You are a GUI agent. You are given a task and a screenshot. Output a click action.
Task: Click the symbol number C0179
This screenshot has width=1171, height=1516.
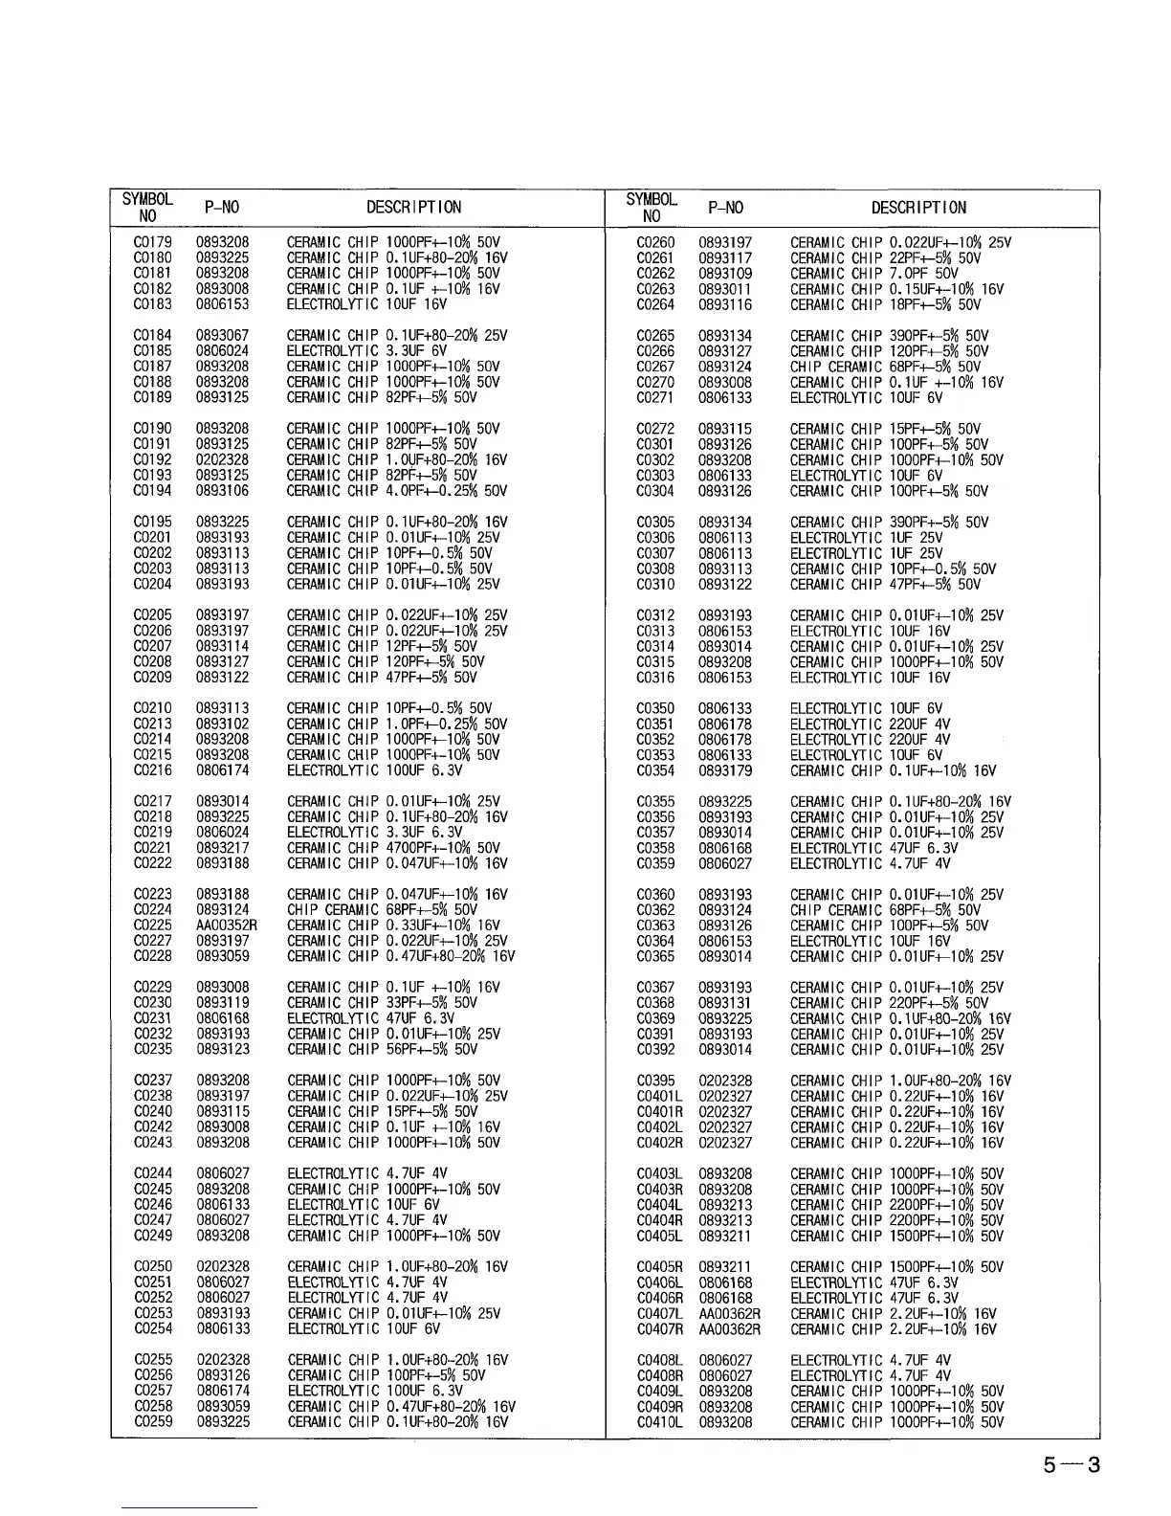(153, 242)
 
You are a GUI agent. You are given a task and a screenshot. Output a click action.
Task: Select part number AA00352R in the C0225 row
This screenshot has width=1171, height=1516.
(226, 925)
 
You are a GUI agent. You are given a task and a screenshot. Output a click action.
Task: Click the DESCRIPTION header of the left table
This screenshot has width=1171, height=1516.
(413, 208)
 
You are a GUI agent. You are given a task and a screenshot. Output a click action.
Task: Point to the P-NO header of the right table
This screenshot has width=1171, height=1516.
(725, 208)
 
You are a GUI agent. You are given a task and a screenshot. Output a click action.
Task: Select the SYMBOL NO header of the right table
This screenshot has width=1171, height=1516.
(652, 208)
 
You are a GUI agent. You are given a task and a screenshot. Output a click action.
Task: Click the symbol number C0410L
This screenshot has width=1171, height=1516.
(659, 1422)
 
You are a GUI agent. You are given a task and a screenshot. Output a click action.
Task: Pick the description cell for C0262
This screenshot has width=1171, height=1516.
(873, 274)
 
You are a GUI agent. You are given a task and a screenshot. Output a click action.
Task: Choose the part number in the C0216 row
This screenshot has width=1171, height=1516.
(222, 770)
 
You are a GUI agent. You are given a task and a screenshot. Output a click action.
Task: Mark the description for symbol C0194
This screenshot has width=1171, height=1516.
(396, 491)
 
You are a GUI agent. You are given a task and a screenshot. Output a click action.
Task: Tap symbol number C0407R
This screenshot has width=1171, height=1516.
(659, 1329)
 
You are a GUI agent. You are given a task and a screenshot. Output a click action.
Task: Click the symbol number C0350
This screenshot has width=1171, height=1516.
(655, 709)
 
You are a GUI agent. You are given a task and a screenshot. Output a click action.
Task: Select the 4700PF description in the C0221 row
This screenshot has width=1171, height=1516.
(393, 848)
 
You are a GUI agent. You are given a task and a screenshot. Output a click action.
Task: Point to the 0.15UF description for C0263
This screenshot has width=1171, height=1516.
(896, 289)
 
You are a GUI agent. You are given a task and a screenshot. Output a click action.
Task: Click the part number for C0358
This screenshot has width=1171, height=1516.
(725, 848)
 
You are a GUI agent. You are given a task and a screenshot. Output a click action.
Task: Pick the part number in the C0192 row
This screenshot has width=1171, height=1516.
(222, 460)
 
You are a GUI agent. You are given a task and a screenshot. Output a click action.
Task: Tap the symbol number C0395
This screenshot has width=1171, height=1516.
(655, 1081)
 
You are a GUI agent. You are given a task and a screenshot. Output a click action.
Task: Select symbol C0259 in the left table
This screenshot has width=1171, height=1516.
(153, 1422)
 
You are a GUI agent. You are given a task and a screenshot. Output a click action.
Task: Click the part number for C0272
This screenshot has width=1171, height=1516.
(725, 429)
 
